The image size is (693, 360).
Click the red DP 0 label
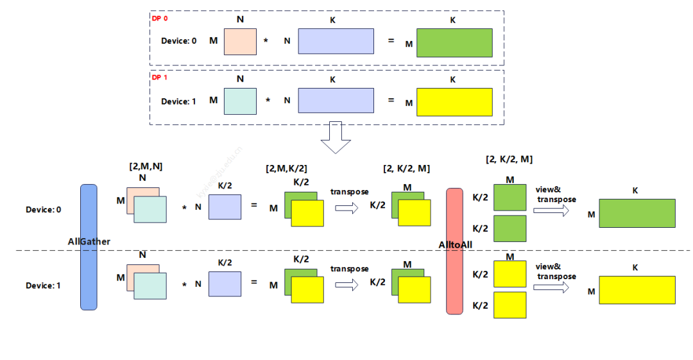[x=159, y=18]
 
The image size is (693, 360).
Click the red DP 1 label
[x=159, y=77]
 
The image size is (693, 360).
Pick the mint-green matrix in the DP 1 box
[x=240, y=101]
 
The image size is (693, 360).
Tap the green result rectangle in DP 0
[x=454, y=43]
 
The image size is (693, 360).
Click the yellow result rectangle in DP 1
[x=454, y=101]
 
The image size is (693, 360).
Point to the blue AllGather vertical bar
[x=89, y=247]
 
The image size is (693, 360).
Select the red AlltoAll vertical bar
[x=454, y=251]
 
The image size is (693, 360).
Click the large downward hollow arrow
[x=336, y=137]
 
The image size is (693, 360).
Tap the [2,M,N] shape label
[x=146, y=166]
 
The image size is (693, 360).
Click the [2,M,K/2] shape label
[x=286, y=169]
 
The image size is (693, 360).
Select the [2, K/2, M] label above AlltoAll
[x=509, y=159]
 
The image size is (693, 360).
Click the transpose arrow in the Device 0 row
[x=346, y=207]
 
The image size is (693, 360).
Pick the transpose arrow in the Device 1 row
[x=346, y=284]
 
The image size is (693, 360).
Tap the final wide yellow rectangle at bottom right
[x=637, y=290]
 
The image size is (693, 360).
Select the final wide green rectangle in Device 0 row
[x=637, y=213]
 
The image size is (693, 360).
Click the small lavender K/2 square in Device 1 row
[x=225, y=284]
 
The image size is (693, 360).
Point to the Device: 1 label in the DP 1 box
[x=178, y=101]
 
